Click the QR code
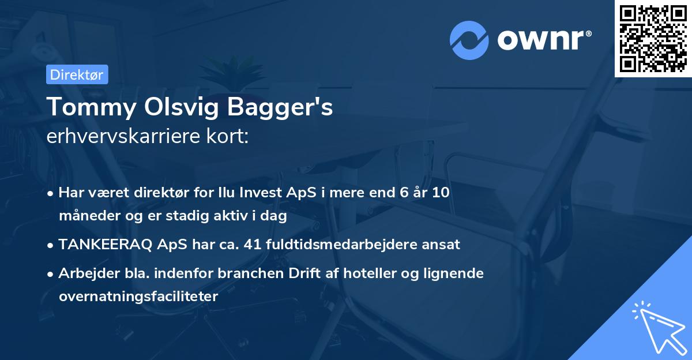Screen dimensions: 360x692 coord(653,38)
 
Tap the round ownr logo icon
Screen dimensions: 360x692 coord(469,40)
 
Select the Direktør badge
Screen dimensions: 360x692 coord(77,74)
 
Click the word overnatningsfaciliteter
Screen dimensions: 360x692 coord(138,297)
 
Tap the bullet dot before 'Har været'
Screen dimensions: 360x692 coord(51,193)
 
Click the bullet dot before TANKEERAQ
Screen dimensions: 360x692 coord(51,245)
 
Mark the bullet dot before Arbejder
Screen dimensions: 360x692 coord(51,274)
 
